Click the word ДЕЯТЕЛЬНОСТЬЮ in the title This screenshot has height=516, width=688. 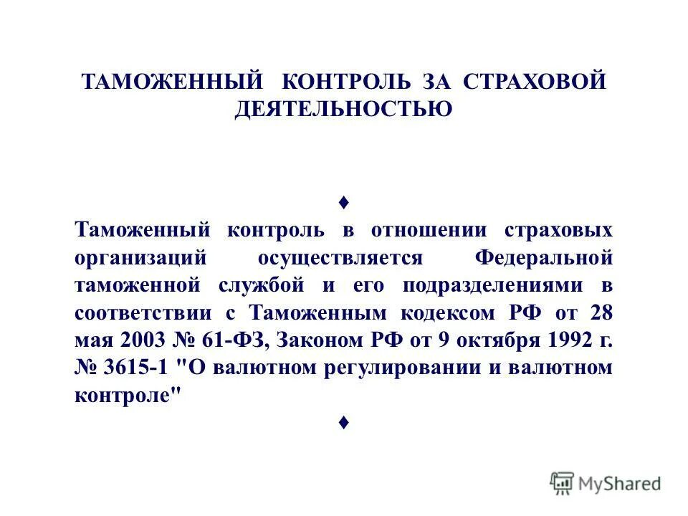click(344, 110)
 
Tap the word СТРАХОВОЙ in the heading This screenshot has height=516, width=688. click(535, 81)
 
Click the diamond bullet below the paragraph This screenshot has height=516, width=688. click(344, 423)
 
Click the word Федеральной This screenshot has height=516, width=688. click(545, 258)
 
